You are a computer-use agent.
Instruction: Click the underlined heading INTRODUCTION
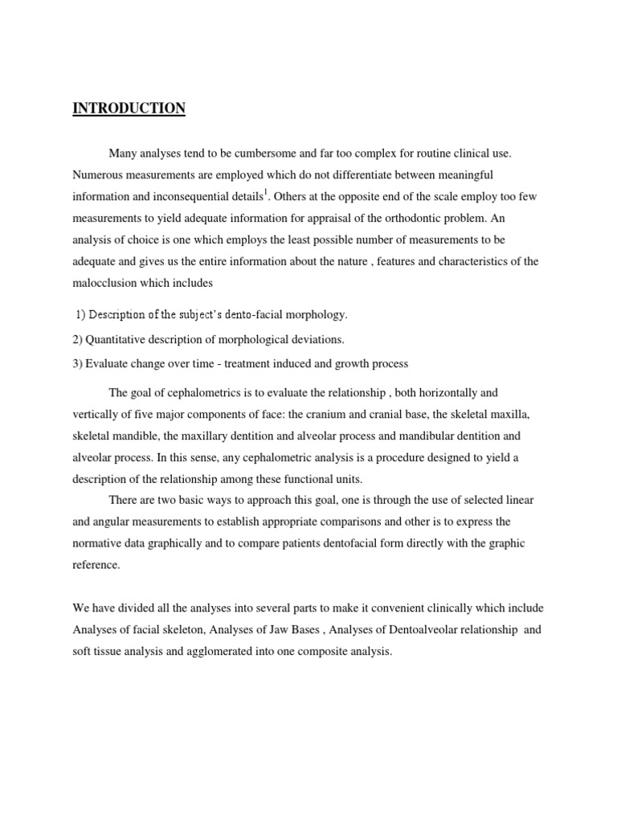pyautogui.click(x=129, y=109)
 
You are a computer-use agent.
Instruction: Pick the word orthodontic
pyautogui.click(x=379, y=219)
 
